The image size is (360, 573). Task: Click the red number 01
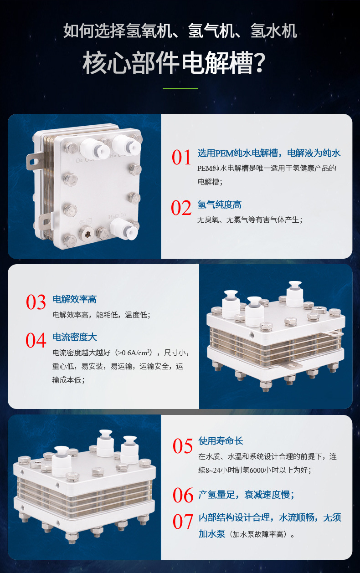181,157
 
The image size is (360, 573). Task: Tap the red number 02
181,208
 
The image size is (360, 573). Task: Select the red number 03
36,302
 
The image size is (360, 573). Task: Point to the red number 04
36,340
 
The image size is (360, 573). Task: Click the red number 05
183,446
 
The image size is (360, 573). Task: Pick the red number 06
183,495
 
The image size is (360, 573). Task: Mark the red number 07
183,522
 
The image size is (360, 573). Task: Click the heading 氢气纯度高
219,205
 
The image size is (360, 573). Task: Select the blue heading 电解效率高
75,299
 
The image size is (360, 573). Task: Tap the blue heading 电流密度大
75,337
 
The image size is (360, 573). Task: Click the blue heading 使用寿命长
221,441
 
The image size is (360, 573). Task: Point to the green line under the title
180,88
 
